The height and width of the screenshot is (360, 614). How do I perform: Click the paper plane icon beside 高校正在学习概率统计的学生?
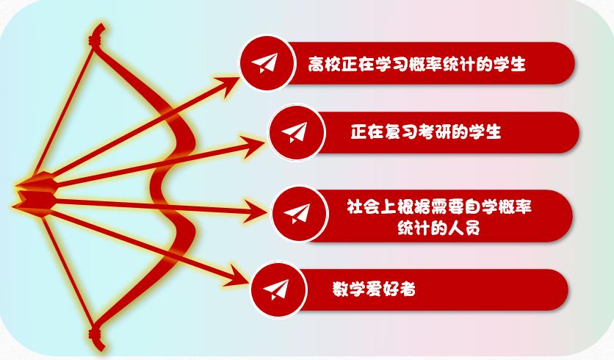tap(264, 63)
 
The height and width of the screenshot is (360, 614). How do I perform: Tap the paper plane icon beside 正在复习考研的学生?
tap(295, 132)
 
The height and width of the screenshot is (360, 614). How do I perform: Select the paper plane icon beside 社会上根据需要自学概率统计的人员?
tap(297, 214)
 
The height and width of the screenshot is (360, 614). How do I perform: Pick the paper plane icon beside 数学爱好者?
tap(276, 289)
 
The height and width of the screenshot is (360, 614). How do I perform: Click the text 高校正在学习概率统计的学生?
tap(416, 64)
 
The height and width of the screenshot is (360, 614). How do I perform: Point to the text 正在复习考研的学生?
tap(426, 132)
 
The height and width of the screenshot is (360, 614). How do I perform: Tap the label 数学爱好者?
tap(374, 289)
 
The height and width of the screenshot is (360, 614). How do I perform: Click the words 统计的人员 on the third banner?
tap(438, 227)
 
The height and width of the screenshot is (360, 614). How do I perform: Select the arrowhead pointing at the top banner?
tap(228, 85)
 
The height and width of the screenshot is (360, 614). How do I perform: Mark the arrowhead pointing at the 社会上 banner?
tap(256, 212)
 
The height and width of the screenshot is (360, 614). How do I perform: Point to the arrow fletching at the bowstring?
tap(35, 193)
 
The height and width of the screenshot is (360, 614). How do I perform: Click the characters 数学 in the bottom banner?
tap(349, 289)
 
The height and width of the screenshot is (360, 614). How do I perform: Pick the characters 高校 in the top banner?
tap(324, 64)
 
